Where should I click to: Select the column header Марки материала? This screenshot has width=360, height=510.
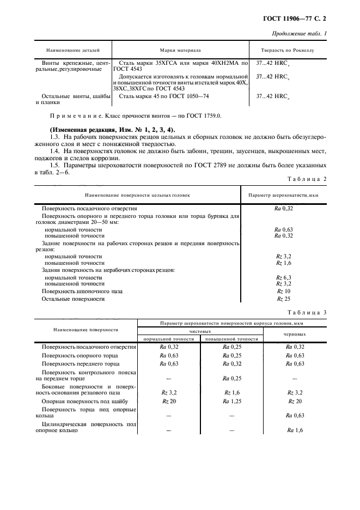[180, 50]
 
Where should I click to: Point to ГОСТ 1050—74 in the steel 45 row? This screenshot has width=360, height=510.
[190, 96]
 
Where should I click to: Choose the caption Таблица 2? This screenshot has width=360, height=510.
[309, 179]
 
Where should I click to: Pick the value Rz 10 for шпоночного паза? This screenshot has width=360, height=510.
[284, 292]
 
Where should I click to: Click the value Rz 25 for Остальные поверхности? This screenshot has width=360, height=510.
[284, 299]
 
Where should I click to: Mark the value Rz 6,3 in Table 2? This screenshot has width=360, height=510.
[284, 277]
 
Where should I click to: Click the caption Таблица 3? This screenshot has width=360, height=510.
[309, 312]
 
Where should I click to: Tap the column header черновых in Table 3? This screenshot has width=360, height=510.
[295, 335]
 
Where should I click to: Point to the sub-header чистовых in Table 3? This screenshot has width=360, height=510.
[200, 331]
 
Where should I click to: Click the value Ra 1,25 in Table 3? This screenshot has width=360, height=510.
[232, 401]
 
